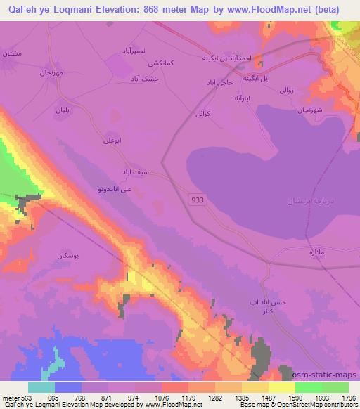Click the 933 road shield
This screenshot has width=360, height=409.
198,201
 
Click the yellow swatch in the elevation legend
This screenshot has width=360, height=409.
255,387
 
